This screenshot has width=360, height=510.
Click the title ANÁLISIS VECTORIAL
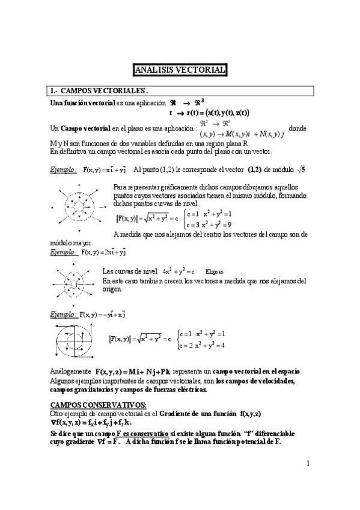point(180,70)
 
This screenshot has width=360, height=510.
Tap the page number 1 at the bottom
point(308,463)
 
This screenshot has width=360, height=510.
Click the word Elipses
point(215,271)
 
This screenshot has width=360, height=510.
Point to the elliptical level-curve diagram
point(73,281)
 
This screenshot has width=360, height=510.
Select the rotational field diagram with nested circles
point(76,340)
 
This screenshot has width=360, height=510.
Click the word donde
point(297,129)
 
